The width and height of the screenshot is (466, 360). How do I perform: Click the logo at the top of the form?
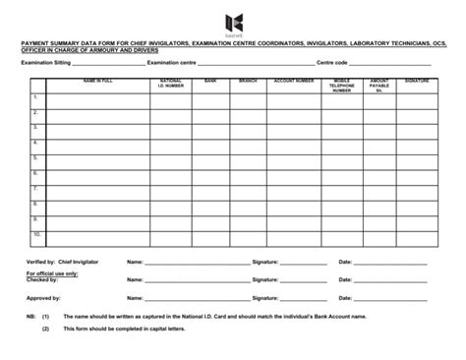coord(233,23)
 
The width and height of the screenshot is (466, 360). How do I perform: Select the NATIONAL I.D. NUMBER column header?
coord(170,83)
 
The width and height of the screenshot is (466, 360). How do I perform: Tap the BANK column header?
coord(210,81)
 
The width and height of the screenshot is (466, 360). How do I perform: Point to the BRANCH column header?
coord(248,81)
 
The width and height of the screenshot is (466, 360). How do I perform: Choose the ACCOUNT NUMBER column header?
coord(294,81)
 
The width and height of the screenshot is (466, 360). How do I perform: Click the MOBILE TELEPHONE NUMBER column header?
coord(341,85)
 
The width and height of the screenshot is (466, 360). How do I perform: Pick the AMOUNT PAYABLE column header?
coord(379,85)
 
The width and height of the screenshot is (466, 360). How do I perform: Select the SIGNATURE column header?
coord(417,81)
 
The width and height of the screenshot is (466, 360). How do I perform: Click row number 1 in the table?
coord(35,97)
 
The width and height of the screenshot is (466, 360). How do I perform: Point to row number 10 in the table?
coord(36,234)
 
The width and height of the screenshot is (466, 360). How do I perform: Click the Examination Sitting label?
coord(46,61)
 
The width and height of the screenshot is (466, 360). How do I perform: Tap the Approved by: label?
coord(43,296)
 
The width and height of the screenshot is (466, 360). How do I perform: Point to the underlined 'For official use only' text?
coord(51,273)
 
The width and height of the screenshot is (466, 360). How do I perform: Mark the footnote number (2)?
coord(45,329)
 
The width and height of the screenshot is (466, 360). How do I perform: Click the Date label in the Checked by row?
coord(345,279)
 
